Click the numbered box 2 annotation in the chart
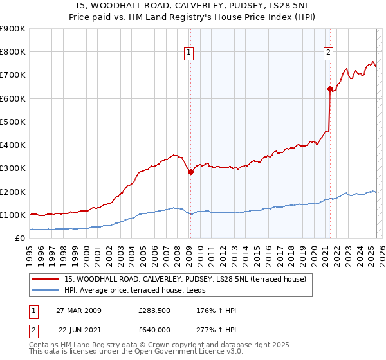(x=328, y=53)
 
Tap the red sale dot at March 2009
(x=190, y=172)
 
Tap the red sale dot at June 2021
(x=330, y=89)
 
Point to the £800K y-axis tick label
(x=13, y=52)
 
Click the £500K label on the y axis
(x=13, y=122)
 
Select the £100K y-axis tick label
(x=13, y=215)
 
